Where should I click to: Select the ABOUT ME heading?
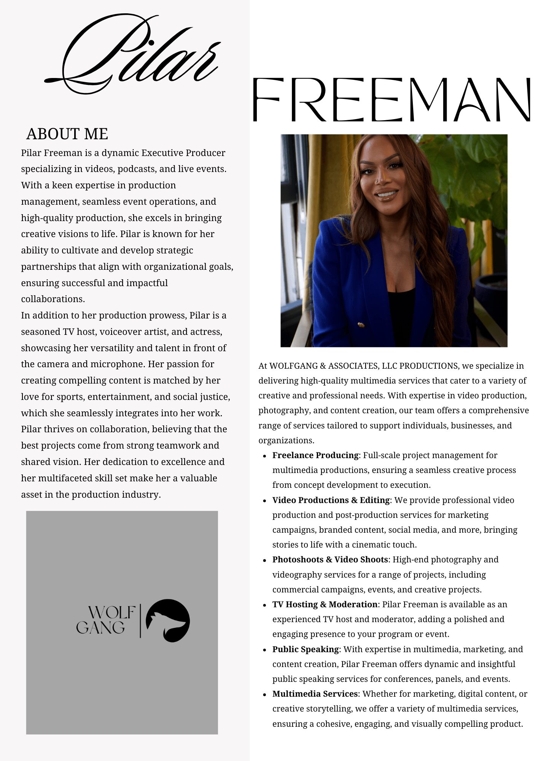[67, 134]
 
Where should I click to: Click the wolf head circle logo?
[168, 621]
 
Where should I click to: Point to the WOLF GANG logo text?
[105, 620]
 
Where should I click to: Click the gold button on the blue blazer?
[361, 325]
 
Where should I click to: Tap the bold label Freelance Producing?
[315, 455]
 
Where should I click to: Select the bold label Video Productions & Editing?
[331, 500]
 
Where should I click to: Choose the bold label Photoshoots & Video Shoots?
[330, 559]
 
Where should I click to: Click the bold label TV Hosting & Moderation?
[325, 604]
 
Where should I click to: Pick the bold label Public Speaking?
[306, 649]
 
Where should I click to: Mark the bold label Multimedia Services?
[315, 694]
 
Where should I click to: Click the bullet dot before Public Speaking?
[264, 650]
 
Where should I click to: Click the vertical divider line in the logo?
[140, 620]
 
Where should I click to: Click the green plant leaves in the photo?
[468, 171]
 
